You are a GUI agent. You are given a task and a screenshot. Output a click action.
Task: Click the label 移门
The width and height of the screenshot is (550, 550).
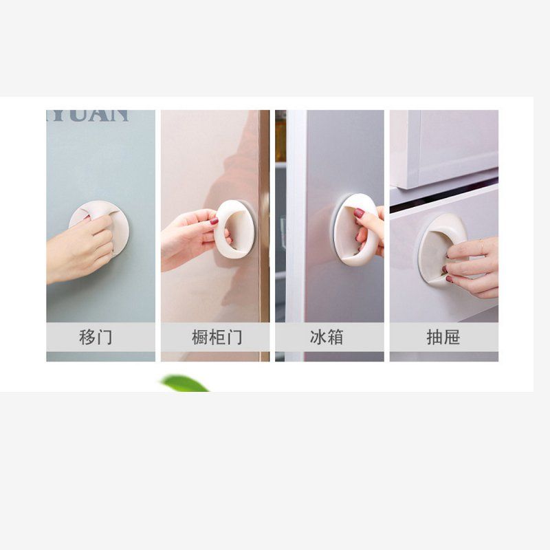(x=96, y=338)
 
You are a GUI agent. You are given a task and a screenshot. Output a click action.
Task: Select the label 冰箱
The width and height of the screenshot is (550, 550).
(x=326, y=338)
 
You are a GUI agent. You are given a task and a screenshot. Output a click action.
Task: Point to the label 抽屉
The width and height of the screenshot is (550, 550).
(x=443, y=338)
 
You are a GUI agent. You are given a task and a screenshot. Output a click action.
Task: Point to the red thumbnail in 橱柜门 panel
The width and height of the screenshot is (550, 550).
(x=214, y=221)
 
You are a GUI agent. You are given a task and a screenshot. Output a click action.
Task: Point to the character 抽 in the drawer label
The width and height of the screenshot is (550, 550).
(x=434, y=338)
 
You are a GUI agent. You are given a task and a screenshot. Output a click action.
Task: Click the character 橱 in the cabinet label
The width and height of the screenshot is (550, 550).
(x=200, y=338)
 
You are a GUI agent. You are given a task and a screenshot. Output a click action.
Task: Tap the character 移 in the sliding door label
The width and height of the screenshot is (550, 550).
(x=87, y=338)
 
